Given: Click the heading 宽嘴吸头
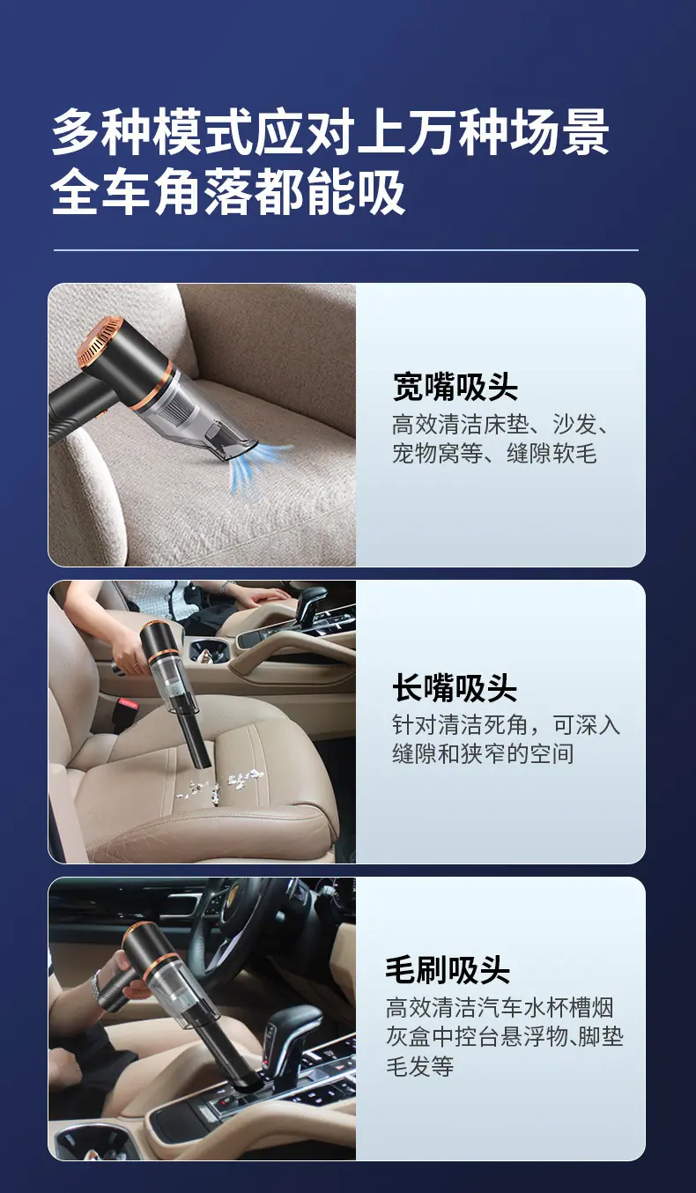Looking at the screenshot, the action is (455, 387).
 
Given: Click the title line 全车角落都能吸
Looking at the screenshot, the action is (228, 191).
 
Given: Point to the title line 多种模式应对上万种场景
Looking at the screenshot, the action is (330, 132).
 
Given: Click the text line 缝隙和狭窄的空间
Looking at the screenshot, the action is (483, 754).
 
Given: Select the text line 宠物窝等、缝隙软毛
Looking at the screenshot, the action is (495, 454).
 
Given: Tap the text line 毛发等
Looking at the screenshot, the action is (419, 1066).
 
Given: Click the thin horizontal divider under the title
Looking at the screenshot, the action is (346, 249).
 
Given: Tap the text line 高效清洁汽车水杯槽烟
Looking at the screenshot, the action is (500, 1007).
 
